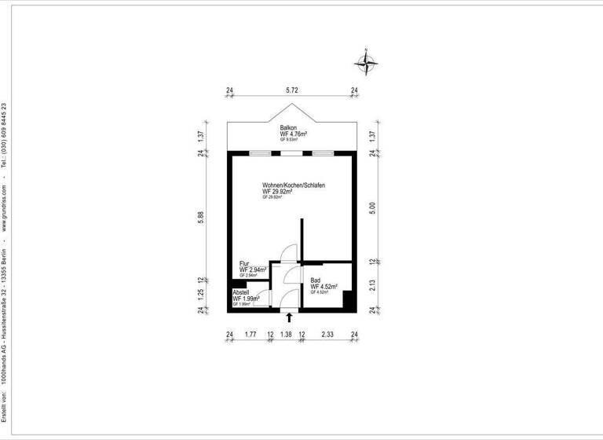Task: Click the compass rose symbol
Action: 367,60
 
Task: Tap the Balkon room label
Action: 288,127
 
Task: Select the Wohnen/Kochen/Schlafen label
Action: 294,185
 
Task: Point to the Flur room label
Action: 245,263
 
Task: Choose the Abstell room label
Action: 241,292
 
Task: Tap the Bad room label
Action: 316,280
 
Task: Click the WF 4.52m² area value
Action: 324,287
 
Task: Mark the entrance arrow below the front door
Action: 290,317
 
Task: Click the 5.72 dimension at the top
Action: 291,90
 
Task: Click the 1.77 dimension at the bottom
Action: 250,335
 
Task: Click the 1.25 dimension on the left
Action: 202,295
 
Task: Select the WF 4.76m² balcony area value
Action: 293,134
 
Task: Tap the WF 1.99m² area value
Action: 246,299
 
